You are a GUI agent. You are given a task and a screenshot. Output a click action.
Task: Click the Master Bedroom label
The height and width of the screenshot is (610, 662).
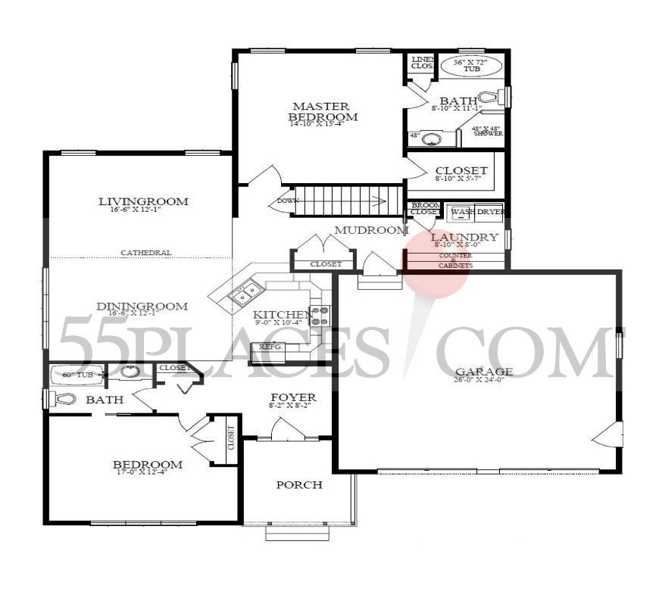[322, 111]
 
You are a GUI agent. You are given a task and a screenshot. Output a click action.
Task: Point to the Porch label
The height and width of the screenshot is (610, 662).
[298, 484]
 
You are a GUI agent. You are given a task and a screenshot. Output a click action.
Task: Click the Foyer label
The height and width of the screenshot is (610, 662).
[293, 397]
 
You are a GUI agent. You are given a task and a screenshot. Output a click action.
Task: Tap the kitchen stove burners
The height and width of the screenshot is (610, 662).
[320, 315]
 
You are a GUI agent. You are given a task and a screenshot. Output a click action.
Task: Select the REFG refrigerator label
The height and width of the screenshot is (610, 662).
[270, 347]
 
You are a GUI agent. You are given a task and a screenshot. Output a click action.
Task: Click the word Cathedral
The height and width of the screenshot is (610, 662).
[146, 253]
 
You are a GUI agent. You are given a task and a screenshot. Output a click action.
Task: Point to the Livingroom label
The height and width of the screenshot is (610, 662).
[143, 201]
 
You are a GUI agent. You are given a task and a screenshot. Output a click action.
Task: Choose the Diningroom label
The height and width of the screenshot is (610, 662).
[142, 307]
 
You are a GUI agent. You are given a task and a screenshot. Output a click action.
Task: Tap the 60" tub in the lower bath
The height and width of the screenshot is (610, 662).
[75, 373]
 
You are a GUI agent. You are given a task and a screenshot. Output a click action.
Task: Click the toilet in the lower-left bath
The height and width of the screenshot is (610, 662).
[65, 398]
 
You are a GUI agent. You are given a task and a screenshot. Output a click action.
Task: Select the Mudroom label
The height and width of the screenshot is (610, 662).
[371, 230]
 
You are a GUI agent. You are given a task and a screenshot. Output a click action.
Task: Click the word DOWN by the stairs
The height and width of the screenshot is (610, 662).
[287, 201]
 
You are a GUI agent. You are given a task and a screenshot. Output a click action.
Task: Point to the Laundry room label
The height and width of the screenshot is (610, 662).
[466, 237]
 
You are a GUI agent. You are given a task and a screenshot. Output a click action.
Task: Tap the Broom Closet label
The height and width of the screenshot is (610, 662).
[423, 209]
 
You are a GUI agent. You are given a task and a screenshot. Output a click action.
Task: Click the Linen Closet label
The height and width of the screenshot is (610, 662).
[421, 62]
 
